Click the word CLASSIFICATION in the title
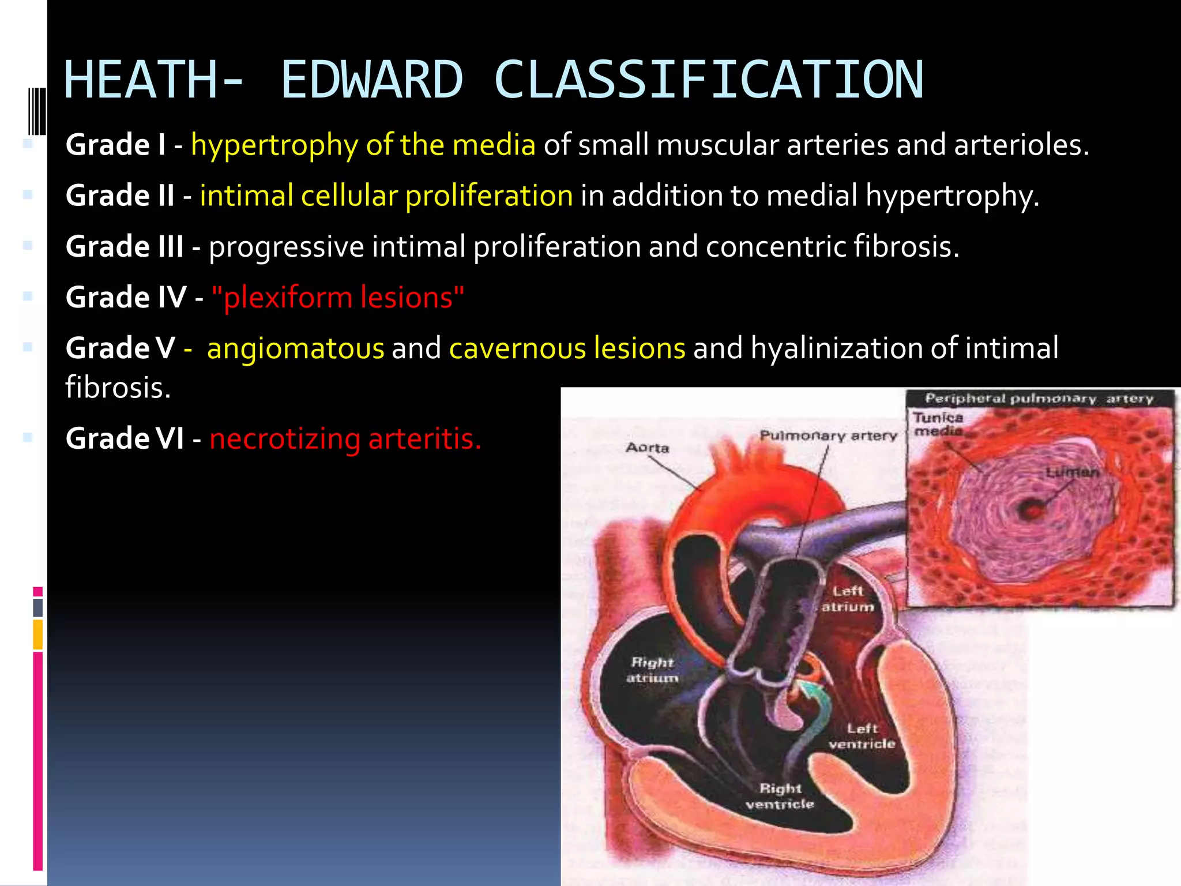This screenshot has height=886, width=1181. tap(709, 80)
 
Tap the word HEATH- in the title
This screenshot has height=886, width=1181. tap(153, 80)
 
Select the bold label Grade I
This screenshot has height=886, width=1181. tap(115, 145)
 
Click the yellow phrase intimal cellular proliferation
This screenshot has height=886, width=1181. tap(386, 196)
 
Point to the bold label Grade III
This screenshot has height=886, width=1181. tap(125, 247)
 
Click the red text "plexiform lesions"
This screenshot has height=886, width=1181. tap(338, 298)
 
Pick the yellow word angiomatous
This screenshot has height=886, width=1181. tap(295, 348)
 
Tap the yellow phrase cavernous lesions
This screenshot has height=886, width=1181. tap(567, 348)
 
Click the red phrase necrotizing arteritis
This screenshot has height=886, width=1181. tap(345, 439)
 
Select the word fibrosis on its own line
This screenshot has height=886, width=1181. tap(118, 388)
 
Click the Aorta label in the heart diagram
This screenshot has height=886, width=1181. tap(648, 448)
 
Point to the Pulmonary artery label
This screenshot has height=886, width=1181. tap(828, 436)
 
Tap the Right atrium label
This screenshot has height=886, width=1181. tap(652, 670)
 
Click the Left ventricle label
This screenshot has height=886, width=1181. tap(862, 737)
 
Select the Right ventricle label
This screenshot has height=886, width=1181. tap(780, 796)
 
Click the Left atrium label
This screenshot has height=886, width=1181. tap(847, 599)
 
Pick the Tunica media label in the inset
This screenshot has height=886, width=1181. tap(938, 424)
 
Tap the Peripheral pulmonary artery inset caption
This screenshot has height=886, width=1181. tap(1039, 399)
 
